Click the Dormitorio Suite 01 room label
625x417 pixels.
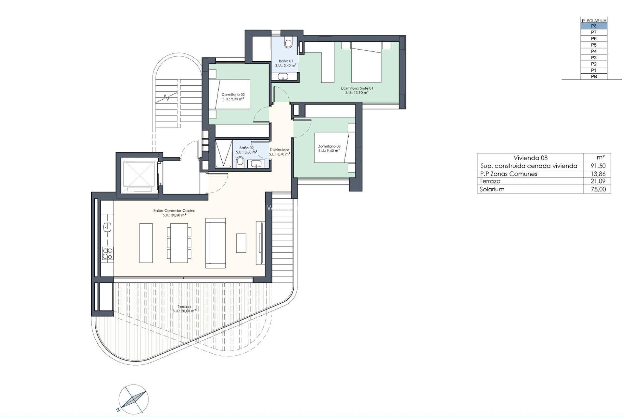[x=357, y=88]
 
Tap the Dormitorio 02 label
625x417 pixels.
[x=233, y=95]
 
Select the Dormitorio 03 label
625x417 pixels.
[x=329, y=146]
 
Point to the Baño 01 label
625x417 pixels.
[x=286, y=61]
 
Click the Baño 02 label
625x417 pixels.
[x=246, y=148]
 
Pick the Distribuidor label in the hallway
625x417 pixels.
[x=279, y=150]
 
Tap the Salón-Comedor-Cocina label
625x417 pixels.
[x=174, y=211]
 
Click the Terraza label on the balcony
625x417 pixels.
[x=184, y=307]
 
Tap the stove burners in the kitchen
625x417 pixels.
[x=108, y=254]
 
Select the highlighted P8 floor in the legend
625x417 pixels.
[x=594, y=26]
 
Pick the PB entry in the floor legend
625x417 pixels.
[x=594, y=77]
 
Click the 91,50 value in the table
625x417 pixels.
[x=598, y=166]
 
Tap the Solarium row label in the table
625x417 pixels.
[x=492, y=189]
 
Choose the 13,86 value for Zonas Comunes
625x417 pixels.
[x=598, y=174]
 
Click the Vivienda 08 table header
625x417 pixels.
[x=530, y=158]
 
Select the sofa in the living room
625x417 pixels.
[x=215, y=243]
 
